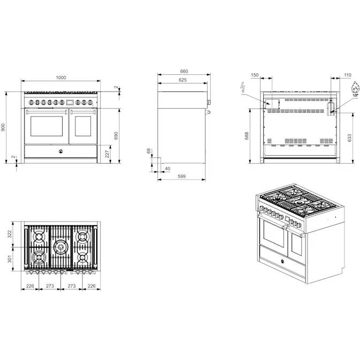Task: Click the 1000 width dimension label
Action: click(61, 78)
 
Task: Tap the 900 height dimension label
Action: click(3, 127)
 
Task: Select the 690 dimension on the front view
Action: click(116, 135)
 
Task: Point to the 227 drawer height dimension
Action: click(107, 154)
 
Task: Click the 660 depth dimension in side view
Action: click(184, 71)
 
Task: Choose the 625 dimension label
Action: click(182, 80)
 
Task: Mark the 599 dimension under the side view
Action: click(181, 177)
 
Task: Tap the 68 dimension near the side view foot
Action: click(149, 151)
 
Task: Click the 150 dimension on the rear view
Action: click(255, 75)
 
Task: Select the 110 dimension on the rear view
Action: click(348, 75)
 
